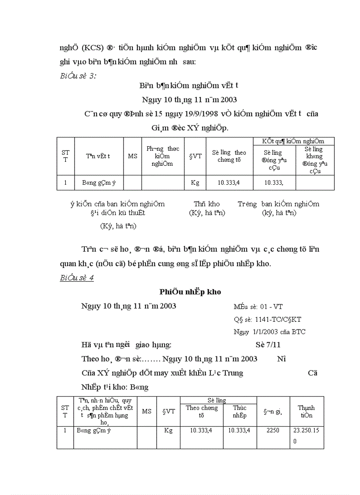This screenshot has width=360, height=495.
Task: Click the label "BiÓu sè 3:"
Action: tap(78, 75)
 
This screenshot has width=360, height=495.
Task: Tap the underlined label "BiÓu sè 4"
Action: tap(77, 278)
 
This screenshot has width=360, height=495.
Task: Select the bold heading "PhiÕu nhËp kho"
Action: tap(190, 292)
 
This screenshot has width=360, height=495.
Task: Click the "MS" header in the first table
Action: tap(133, 156)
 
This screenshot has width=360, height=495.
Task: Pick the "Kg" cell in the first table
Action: tap(195, 182)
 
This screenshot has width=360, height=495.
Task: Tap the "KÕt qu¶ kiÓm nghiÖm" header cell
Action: tap(293, 141)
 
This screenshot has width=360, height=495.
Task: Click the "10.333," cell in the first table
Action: tap(274, 182)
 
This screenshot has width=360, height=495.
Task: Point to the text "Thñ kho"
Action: tap(206, 204)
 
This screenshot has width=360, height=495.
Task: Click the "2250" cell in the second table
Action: tap(273, 430)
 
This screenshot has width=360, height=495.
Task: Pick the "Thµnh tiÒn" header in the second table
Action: tap(307, 411)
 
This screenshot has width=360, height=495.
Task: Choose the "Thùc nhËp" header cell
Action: tap(240, 412)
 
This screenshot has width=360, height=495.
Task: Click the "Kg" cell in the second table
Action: tap(168, 430)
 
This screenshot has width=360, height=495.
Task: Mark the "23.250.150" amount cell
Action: tap(307, 435)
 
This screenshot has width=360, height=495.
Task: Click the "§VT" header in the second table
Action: tap(168, 411)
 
